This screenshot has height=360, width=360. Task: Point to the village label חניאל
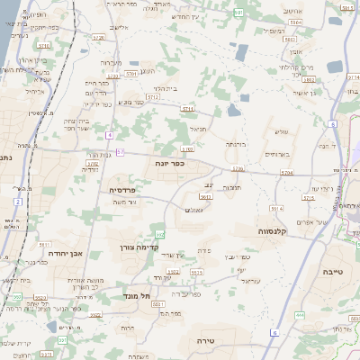click(197, 129)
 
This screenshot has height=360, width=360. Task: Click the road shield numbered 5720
click(98, 39)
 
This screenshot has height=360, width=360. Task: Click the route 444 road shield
click(300, 316)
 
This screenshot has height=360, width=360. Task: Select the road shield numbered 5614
click(205, 195)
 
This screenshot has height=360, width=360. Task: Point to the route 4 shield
click(109, 135)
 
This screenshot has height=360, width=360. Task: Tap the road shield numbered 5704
click(285, 171)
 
